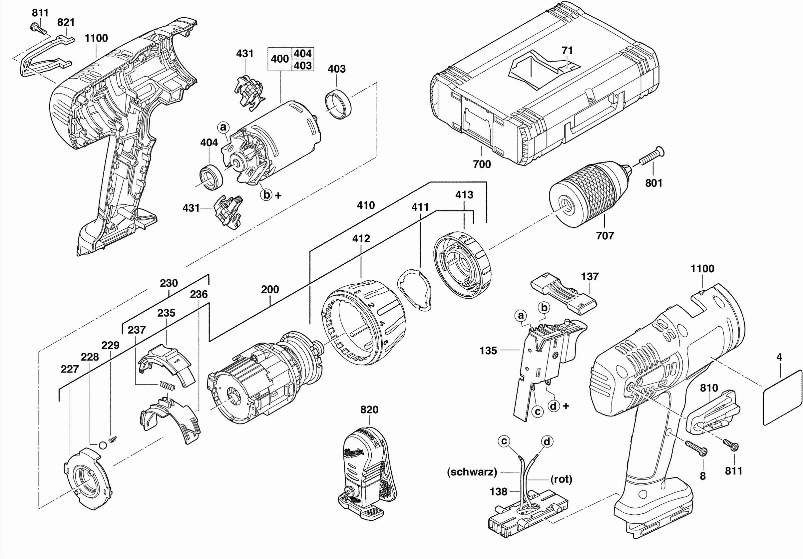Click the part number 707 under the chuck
point(605,236)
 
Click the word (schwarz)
point(472,472)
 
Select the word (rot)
point(561,479)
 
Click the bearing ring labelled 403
point(338,104)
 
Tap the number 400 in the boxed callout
point(280,59)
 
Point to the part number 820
point(369,410)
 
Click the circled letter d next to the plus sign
point(553,406)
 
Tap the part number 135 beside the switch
point(488,351)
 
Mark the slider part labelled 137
point(563,293)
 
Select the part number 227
point(70,369)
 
